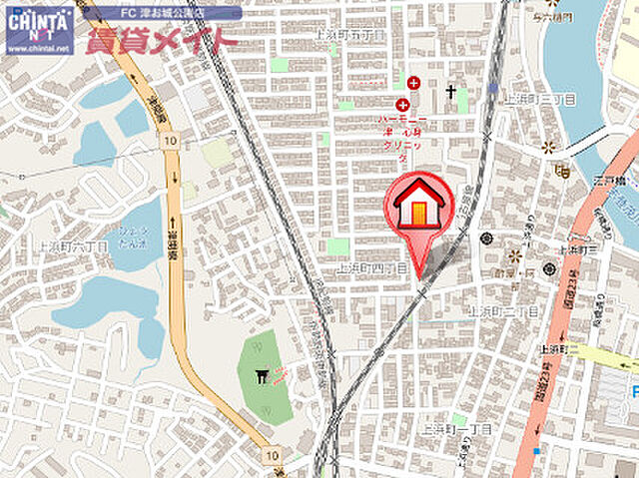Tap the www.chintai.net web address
[38, 48]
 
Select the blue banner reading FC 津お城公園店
[162, 13]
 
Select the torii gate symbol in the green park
[264, 376]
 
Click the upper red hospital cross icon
[413, 82]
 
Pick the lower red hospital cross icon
[403, 105]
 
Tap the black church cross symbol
[451, 92]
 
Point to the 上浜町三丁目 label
[539, 99]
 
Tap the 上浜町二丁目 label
[502, 312]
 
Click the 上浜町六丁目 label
[66, 243]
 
